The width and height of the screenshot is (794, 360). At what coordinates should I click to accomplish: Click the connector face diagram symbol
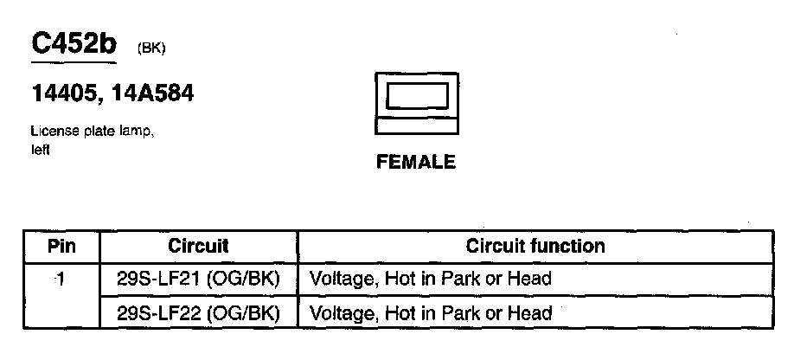(x=415, y=103)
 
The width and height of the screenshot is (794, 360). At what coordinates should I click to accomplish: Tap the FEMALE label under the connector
(x=415, y=163)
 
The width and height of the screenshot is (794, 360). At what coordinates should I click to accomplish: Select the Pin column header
(x=61, y=246)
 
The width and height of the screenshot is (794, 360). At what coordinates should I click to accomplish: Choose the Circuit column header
(x=198, y=246)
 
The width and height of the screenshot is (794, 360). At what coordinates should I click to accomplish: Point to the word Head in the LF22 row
(x=532, y=312)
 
